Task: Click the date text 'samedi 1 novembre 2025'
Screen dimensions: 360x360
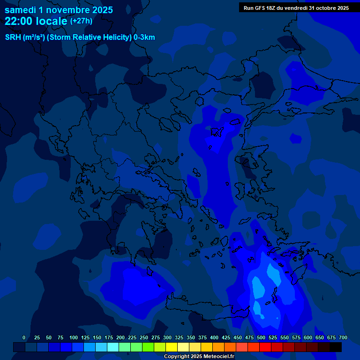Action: click(59, 10)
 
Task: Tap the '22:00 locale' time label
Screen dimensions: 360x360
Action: click(32, 21)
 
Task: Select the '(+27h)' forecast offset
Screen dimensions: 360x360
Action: click(81, 21)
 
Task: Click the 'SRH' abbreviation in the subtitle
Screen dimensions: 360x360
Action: click(13, 37)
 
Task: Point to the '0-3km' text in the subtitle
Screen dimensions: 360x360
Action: click(144, 37)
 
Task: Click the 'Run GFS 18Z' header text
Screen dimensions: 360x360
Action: click(260, 8)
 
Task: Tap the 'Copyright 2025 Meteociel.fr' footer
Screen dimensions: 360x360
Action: click(199, 356)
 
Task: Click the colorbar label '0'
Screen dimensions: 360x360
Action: click(24, 337)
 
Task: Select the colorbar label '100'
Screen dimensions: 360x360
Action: click(74, 337)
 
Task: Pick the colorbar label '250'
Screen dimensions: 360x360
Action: click(144, 337)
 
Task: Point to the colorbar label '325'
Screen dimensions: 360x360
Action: click(179, 337)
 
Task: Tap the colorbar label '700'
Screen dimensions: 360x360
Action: click(343, 337)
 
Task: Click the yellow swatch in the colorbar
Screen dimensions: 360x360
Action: click(172, 347)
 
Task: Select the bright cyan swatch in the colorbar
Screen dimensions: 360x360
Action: click(113, 347)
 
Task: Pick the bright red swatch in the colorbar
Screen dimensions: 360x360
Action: click(265, 347)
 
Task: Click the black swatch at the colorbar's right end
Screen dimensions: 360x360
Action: click(336, 347)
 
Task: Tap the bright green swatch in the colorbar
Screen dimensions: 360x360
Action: click(148, 347)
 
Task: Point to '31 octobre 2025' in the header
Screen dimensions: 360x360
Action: click(329, 8)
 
